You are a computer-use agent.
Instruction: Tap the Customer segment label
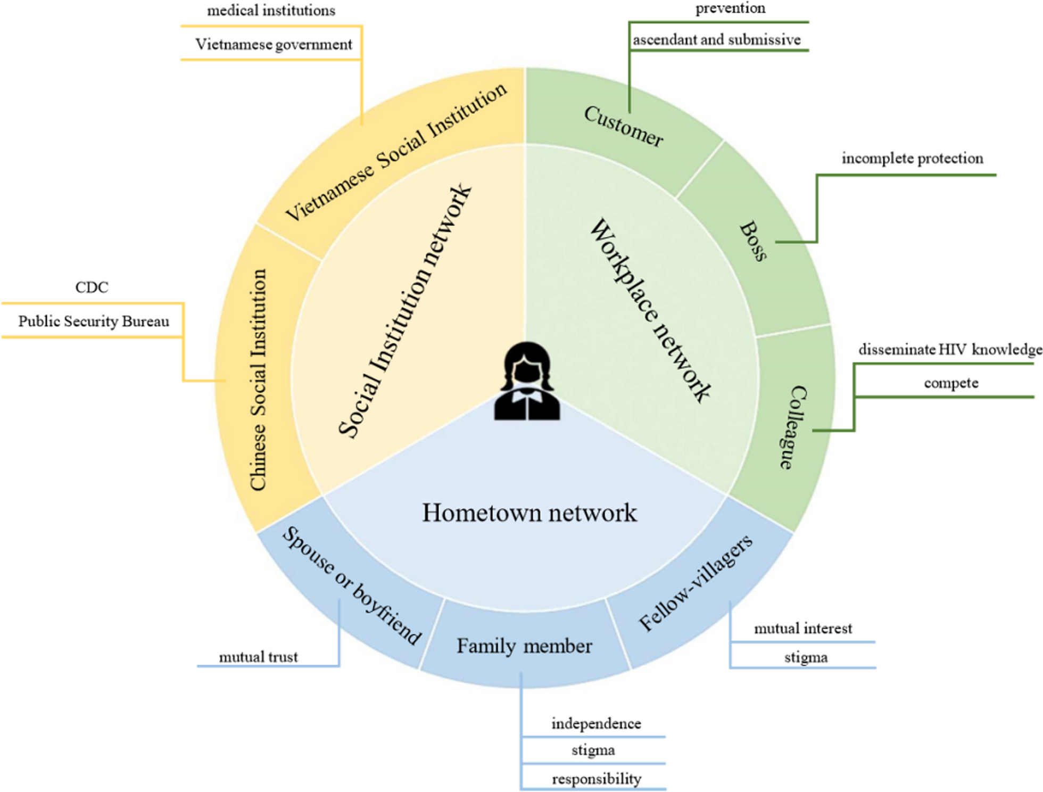[x=624, y=126]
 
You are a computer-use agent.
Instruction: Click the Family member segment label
[x=524, y=646]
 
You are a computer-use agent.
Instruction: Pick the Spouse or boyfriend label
[x=352, y=585]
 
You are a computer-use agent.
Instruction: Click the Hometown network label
[x=529, y=513]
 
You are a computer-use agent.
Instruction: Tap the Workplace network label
[x=650, y=310]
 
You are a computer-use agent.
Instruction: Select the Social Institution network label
[x=405, y=311]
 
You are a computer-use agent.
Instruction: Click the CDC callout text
[x=92, y=287]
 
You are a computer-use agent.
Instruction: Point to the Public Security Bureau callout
[x=94, y=321]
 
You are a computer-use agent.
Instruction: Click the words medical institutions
[x=271, y=11]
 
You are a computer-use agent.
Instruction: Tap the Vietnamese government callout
[x=274, y=44]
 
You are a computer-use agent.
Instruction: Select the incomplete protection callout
[x=912, y=158]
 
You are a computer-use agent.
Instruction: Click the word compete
[x=951, y=383]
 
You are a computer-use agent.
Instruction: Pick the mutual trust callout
[x=259, y=657]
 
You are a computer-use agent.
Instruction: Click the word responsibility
[x=596, y=779]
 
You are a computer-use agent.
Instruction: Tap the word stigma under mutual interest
[x=806, y=658]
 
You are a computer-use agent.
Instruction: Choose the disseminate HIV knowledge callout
[x=950, y=350]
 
